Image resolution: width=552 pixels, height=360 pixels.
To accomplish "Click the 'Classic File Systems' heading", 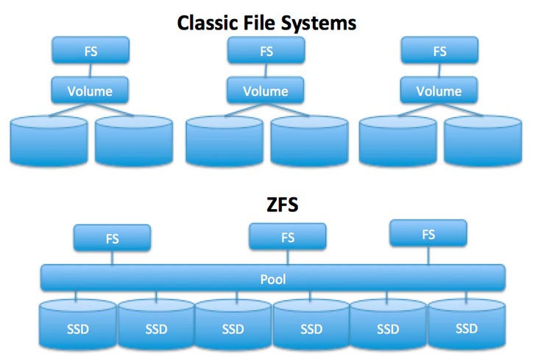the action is click(266, 24).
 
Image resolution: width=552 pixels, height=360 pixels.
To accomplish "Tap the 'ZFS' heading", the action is click(283, 205).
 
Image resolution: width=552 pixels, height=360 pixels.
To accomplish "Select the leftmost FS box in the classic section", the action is click(91, 50).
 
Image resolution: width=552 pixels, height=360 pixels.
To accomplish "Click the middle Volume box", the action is click(266, 91).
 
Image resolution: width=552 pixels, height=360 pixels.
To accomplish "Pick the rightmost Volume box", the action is click(439, 91).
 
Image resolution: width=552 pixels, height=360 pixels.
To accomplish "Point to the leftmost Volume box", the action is click(90, 91).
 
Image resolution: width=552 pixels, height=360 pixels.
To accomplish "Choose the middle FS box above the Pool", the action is click(288, 237).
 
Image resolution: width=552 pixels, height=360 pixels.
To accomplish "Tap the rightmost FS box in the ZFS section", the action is click(428, 233).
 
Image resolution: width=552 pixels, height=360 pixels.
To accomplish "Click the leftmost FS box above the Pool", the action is click(112, 238).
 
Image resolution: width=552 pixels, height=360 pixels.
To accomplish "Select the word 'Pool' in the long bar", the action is click(273, 279).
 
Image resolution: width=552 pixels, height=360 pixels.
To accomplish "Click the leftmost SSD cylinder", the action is click(77, 324).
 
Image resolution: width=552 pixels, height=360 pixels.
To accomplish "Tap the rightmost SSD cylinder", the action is click(467, 324).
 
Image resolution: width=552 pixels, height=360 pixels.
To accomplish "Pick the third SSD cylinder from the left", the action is click(233, 324).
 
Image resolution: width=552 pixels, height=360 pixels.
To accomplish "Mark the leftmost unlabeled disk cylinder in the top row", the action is click(49, 141).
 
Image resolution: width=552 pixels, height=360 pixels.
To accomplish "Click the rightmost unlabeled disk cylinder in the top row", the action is click(483, 141).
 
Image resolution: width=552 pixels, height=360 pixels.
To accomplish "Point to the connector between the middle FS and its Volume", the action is click(266, 70).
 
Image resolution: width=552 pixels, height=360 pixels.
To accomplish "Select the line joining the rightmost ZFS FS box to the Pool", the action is click(428, 255).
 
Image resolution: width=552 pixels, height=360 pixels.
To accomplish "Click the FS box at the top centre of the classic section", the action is click(266, 50).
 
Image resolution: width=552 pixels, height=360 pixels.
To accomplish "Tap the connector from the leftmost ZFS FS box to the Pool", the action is click(112, 258).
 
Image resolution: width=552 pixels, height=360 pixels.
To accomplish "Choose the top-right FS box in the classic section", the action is click(439, 50).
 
